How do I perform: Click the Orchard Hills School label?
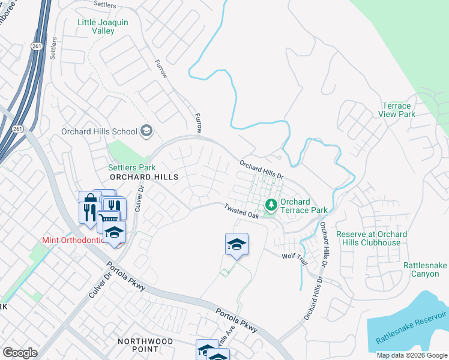tap(99, 131)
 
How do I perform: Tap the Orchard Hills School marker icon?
tap(146, 131)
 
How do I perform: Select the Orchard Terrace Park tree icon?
tap(271, 206)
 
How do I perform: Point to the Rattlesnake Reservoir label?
tap(411, 328)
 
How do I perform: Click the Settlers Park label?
tap(131, 167)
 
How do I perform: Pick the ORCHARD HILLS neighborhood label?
tap(143, 177)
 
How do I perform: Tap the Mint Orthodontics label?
tap(71, 240)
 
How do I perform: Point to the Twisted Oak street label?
tap(241, 211)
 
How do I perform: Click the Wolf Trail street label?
tap(295, 259)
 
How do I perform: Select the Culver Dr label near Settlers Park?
tap(142, 196)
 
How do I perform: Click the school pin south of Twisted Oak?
tap(237, 244)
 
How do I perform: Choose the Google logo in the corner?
tap(20, 352)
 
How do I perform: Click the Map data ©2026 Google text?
tap(411, 355)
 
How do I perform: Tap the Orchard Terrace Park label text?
tap(304, 206)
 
